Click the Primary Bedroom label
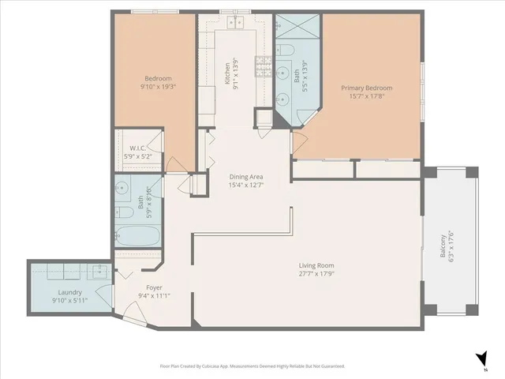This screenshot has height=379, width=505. point(366,88)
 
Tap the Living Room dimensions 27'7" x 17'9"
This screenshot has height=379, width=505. point(316,274)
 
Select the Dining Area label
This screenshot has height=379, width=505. point(245,176)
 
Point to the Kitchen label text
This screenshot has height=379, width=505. point(227,73)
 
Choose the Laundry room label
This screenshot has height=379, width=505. point(48,291)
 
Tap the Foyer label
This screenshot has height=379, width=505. point(154,287)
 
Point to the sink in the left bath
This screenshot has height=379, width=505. point(122,189)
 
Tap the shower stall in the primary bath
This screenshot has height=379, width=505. point(298,28)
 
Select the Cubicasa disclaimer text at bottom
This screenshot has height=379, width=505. point(252,366)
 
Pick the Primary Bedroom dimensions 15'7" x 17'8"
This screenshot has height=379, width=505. point(366,97)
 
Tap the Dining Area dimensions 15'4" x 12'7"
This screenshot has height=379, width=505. point(245,186)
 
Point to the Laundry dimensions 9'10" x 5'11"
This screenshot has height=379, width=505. point(48,301)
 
